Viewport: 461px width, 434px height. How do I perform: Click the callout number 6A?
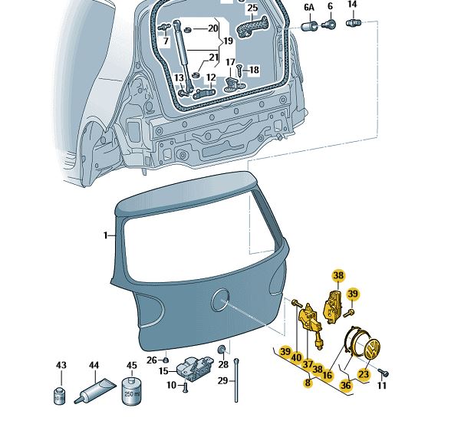click(x=310, y=7)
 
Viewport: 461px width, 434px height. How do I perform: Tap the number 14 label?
click(x=353, y=5)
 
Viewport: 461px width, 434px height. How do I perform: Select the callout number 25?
click(x=252, y=8)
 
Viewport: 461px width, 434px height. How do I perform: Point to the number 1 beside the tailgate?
click(x=107, y=236)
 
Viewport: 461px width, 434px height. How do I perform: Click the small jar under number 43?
click(x=61, y=396)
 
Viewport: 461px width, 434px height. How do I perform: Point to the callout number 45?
click(x=132, y=366)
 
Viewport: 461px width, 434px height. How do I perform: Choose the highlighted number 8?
click(x=308, y=381)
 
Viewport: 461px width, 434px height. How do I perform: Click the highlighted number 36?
click(x=346, y=385)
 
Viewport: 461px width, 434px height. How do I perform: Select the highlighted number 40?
click(x=296, y=357)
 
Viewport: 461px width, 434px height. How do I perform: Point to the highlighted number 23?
click(x=364, y=374)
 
